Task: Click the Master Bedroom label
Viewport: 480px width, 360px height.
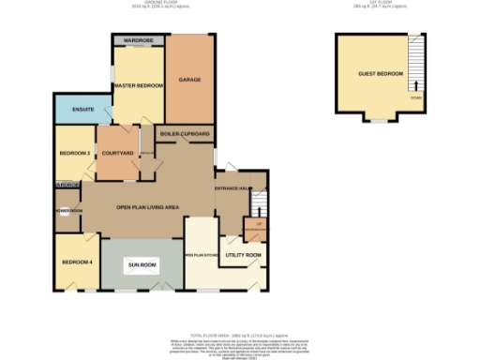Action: click(138, 86)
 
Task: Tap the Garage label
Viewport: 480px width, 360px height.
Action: click(191, 80)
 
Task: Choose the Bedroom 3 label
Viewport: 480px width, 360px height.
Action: click(74, 153)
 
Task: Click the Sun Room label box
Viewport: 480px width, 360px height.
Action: click(142, 265)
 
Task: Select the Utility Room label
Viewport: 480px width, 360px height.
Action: click(242, 254)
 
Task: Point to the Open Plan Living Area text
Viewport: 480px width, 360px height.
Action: click(147, 206)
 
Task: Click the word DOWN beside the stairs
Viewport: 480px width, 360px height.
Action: click(415, 97)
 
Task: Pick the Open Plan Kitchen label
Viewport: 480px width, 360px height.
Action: click(200, 254)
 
